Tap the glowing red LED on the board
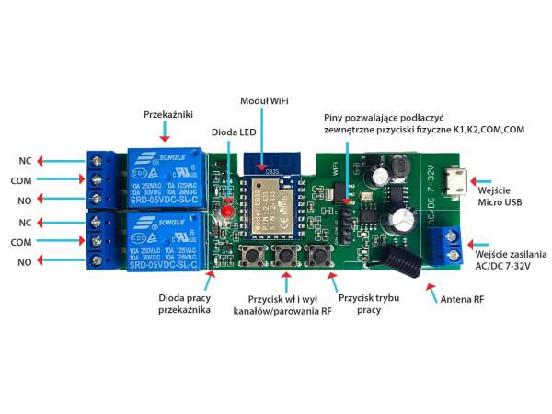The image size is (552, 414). tap(224, 213)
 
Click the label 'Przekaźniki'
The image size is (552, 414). tap(167, 116)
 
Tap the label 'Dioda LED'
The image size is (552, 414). tap(234, 132)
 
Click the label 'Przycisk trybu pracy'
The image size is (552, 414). tap(367, 305)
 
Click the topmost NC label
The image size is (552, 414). tap(25, 160)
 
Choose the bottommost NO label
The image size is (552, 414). tap(25, 263)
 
